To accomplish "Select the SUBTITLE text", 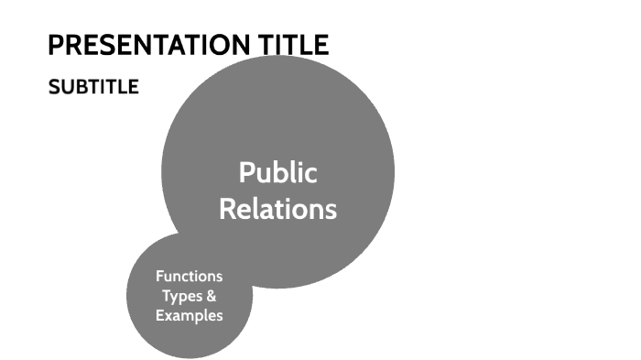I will [93, 87].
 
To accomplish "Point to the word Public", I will [277, 172].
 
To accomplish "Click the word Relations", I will [277, 208].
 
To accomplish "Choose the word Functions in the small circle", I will [189, 276].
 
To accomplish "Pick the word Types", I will [181, 296].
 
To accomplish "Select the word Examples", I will [189, 315].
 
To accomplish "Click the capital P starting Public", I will [246, 172].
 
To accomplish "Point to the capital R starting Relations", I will [227, 208].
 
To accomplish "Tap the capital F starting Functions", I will [159, 276].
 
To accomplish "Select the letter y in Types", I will [176, 297].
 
